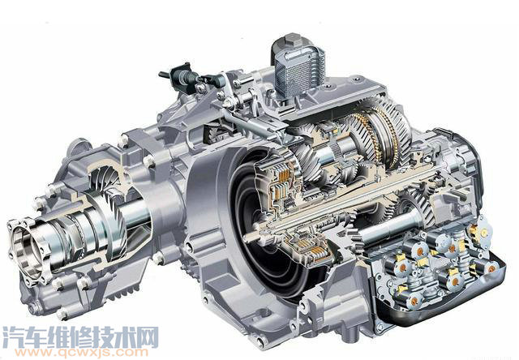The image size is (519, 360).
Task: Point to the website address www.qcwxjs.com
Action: click(77, 351)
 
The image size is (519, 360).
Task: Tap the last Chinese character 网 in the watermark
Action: click(148, 336)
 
